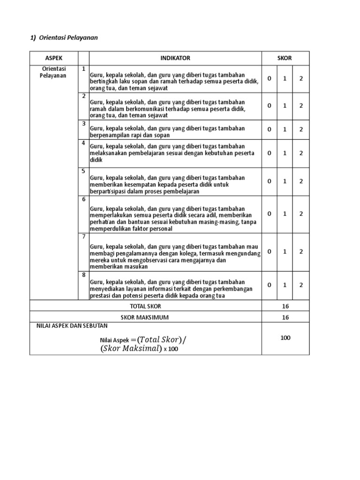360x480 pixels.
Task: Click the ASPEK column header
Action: [x=53, y=58]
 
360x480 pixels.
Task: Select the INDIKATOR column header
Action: [x=175, y=58]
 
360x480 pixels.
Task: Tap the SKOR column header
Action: [x=285, y=58]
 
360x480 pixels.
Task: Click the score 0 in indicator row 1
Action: [x=269, y=79]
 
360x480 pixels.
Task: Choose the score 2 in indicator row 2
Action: [x=301, y=106]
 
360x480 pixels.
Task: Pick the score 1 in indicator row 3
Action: [x=285, y=129]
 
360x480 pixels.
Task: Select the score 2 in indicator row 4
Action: [x=301, y=153]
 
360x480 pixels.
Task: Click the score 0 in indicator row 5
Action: [x=269, y=181]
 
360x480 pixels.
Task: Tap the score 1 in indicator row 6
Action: [x=285, y=214]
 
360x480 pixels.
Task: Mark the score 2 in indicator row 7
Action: [x=301, y=251]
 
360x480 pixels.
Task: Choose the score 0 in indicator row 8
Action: [x=269, y=285]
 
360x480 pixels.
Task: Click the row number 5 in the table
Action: [x=83, y=171]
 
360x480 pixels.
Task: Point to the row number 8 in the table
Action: [x=83, y=275]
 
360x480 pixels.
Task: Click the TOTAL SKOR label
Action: [x=145, y=306]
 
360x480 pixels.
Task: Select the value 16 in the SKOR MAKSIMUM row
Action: [x=285, y=317]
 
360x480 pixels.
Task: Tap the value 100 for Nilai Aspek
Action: [x=285, y=338]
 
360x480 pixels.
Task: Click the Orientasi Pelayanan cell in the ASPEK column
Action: [x=53, y=72]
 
